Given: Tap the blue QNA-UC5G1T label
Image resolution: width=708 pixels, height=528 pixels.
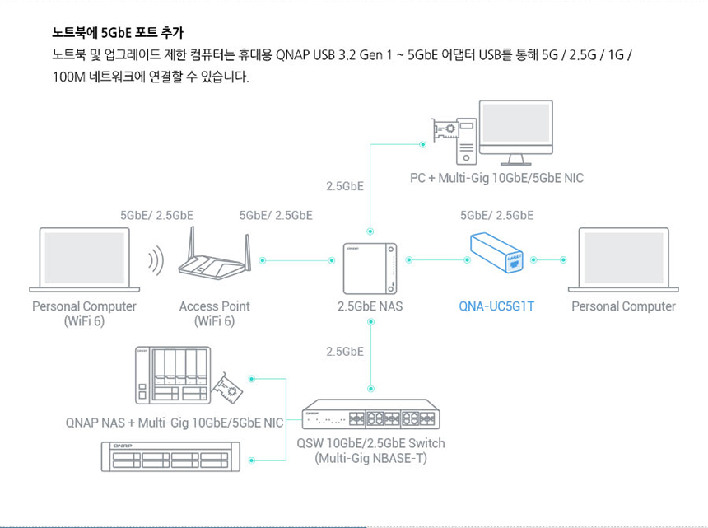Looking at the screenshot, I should click(x=496, y=306).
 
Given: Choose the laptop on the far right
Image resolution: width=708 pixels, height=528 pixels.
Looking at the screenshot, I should click(x=623, y=259).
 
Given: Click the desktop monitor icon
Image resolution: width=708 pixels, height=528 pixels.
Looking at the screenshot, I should click(x=517, y=132).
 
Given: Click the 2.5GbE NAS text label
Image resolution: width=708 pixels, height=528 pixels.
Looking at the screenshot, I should click(x=370, y=306).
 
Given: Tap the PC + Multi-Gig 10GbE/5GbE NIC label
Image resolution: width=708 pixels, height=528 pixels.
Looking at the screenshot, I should click(x=496, y=178).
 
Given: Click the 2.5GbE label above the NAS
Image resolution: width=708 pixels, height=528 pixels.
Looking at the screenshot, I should click(x=345, y=186).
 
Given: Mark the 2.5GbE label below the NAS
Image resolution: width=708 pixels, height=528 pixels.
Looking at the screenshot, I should click(x=345, y=352).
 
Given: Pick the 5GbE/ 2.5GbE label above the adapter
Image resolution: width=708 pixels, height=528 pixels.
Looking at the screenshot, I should click(x=496, y=215).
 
